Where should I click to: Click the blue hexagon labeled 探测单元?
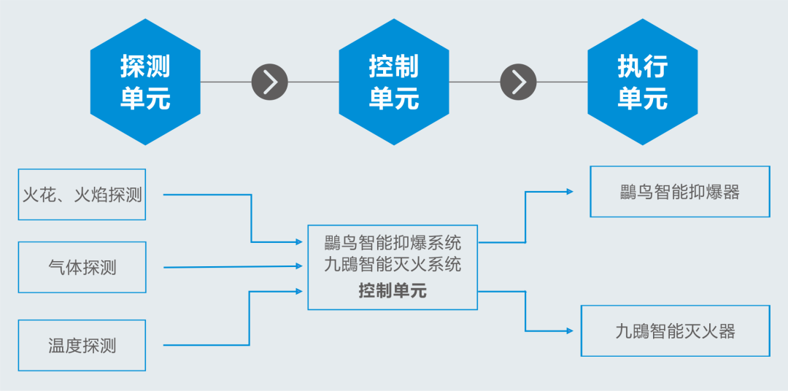145,82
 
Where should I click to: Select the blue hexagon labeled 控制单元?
394,82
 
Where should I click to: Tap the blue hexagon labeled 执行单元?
642,82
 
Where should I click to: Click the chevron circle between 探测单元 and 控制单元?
270,82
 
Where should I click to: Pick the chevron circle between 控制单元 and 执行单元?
518,82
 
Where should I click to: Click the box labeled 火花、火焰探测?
82,195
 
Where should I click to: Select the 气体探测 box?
82,267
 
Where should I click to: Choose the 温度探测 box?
82,345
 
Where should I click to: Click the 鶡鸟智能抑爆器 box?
679,192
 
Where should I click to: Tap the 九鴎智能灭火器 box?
675,331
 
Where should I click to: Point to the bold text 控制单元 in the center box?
393,291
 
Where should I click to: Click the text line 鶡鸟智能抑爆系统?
393,241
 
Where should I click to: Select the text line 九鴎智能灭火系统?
393,264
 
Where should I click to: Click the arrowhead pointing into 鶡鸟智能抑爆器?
570,192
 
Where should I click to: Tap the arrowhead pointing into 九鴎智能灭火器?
570,331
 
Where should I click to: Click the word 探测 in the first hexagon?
145,67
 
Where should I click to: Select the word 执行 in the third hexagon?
642,67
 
